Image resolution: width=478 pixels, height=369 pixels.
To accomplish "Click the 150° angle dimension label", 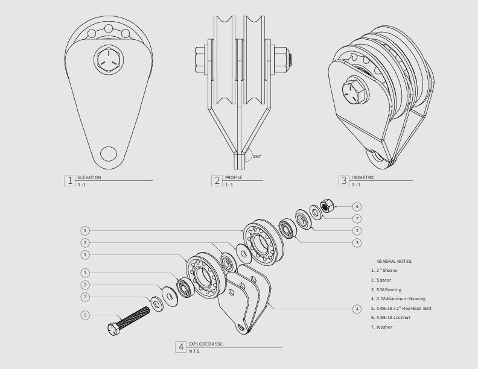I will click(x=257, y=156).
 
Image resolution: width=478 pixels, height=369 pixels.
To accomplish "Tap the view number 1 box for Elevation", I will click(x=70, y=180).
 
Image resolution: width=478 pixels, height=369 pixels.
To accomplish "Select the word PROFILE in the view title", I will click(x=234, y=177).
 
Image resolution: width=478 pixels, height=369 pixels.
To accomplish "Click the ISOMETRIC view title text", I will click(x=363, y=177).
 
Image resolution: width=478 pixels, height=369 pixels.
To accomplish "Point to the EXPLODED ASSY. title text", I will click(x=206, y=343).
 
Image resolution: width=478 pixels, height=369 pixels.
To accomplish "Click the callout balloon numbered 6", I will click(x=357, y=206).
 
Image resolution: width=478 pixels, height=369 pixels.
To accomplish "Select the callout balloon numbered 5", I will click(x=85, y=315).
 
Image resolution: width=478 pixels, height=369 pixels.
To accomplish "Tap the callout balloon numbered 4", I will click(x=357, y=309).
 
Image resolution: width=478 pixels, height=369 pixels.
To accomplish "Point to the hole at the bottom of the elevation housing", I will click(x=109, y=153).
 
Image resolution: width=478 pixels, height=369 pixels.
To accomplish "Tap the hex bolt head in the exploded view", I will click(x=113, y=328).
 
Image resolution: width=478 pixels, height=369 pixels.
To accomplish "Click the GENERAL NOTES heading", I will click(x=395, y=261).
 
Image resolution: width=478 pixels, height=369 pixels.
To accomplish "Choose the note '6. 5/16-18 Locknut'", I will click(x=393, y=317).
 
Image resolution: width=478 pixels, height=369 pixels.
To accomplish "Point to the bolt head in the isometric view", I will click(x=351, y=92).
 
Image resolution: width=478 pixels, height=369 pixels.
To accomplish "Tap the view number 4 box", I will click(x=180, y=347).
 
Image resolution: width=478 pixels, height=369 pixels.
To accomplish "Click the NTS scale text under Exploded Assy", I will click(x=194, y=351).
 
